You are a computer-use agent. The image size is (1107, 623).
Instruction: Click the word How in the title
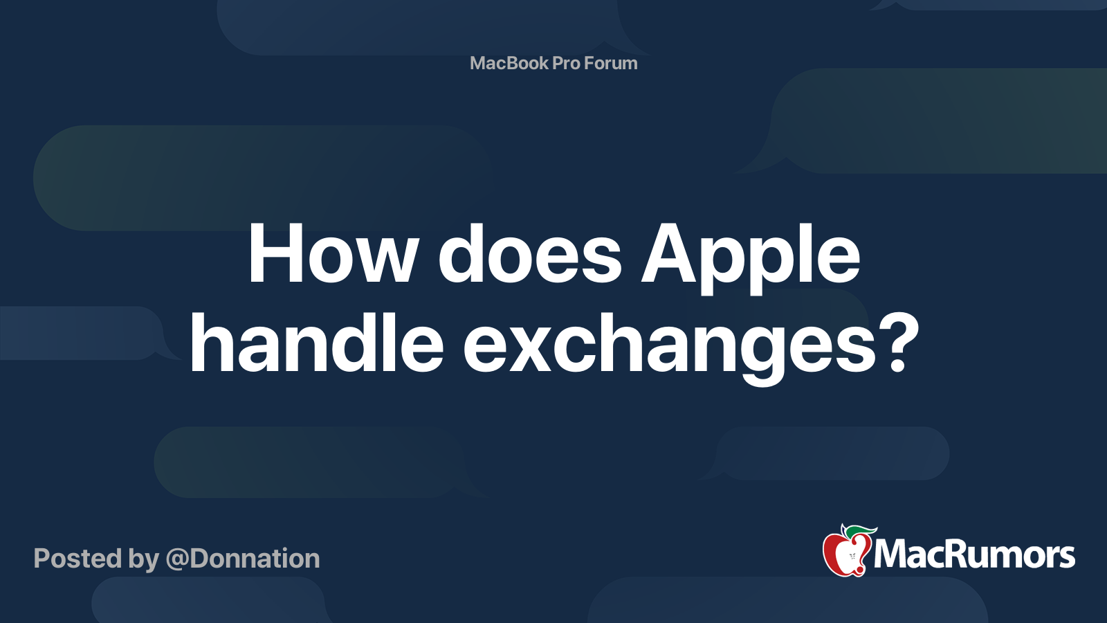(332, 255)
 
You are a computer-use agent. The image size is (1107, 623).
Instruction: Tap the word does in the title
(530, 255)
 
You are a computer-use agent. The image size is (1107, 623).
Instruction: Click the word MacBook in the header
(509, 63)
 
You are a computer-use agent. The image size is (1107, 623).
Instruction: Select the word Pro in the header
(566, 63)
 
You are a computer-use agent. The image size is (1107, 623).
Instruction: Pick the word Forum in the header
(611, 63)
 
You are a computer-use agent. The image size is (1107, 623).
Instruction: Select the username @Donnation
(243, 559)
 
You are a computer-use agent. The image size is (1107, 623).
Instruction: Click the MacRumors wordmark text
(974, 555)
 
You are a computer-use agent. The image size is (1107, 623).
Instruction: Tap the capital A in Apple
(669, 255)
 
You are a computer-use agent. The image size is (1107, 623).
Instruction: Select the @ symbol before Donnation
(177, 559)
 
